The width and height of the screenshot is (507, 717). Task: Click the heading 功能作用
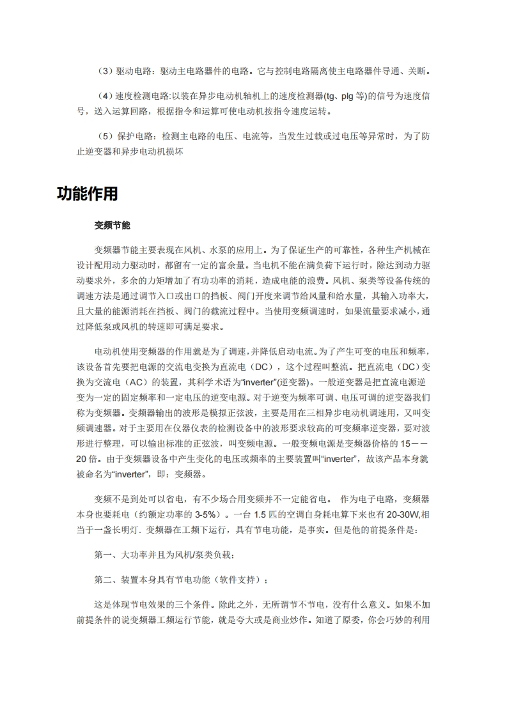[87, 194]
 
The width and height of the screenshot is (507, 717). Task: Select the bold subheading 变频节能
[112, 226]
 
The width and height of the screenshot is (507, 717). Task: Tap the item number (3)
[104, 70]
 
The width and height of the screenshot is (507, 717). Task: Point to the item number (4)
[104, 96]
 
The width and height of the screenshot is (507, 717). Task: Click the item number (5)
[104, 137]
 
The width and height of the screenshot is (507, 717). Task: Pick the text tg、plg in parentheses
[342, 96]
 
